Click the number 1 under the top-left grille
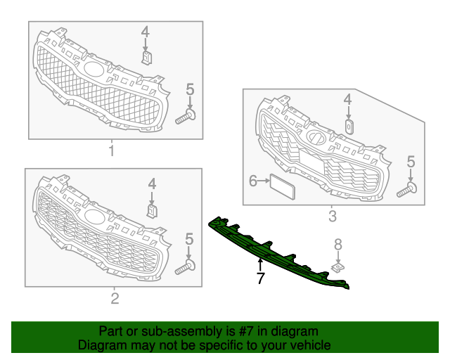(x=110, y=150)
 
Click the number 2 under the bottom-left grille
(x=115, y=300)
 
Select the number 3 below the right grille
(x=332, y=216)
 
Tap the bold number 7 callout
(x=260, y=279)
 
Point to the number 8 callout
(x=337, y=245)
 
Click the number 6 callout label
(x=253, y=181)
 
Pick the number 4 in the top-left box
(x=146, y=32)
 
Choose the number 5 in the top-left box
(x=189, y=89)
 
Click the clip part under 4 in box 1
(x=146, y=57)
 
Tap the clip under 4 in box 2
(x=150, y=209)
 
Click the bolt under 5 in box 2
(x=186, y=266)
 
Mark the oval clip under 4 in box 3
(x=348, y=127)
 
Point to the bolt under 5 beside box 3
(x=409, y=188)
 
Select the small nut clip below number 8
(x=338, y=267)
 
